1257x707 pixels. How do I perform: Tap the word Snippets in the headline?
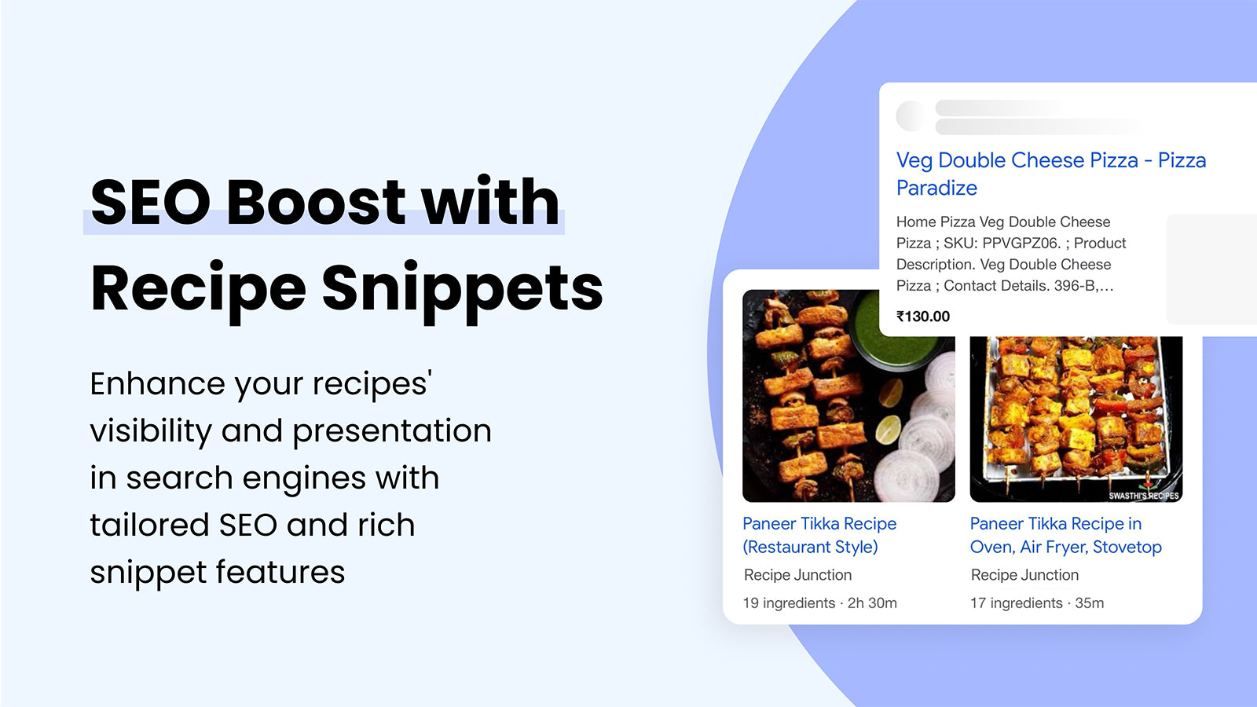pos(462,288)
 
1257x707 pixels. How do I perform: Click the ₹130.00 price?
pos(923,317)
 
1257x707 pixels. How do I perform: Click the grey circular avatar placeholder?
pos(911,116)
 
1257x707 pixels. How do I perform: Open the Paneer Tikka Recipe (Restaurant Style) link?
pos(819,535)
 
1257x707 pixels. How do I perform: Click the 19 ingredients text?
pos(788,603)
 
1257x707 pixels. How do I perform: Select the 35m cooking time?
pos(1089,603)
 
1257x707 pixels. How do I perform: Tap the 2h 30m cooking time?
pos(872,603)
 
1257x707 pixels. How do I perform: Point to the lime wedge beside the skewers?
pos(889,430)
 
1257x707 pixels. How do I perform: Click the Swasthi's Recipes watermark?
pos(1143,496)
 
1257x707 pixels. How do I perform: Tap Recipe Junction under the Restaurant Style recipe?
pos(797,575)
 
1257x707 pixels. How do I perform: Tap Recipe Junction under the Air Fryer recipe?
pos(1024,575)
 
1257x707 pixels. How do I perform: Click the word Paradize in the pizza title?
pos(936,189)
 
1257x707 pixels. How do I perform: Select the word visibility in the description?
pos(150,431)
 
